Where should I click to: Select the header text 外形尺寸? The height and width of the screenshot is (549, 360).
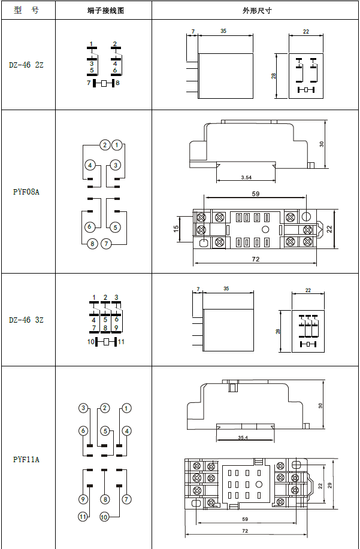point(255,11)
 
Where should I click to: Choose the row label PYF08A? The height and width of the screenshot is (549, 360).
point(26,192)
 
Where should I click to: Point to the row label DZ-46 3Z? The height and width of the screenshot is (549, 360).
point(26,320)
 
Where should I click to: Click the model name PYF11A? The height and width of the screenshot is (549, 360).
point(26,459)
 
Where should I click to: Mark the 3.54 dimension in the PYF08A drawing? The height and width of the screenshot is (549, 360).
point(246,178)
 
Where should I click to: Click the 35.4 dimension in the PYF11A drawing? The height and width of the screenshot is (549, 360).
point(243,438)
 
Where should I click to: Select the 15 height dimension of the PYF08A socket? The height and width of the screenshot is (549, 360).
point(176,229)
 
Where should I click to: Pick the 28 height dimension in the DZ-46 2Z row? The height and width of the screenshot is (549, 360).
point(273,76)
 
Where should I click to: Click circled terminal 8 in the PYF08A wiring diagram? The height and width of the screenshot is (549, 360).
point(92,244)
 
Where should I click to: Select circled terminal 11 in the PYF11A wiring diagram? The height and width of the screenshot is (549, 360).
point(83,517)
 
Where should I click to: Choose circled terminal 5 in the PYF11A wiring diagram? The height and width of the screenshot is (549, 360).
point(105,431)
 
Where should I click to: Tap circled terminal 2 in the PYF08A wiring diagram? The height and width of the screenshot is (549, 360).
point(105,145)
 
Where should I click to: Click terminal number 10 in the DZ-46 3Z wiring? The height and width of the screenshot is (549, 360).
point(90,342)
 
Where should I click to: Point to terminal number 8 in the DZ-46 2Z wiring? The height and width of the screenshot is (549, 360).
point(118,83)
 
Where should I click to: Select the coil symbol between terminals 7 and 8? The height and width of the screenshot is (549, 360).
point(104,83)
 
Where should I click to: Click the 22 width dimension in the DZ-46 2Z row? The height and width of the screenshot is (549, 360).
point(305,31)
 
